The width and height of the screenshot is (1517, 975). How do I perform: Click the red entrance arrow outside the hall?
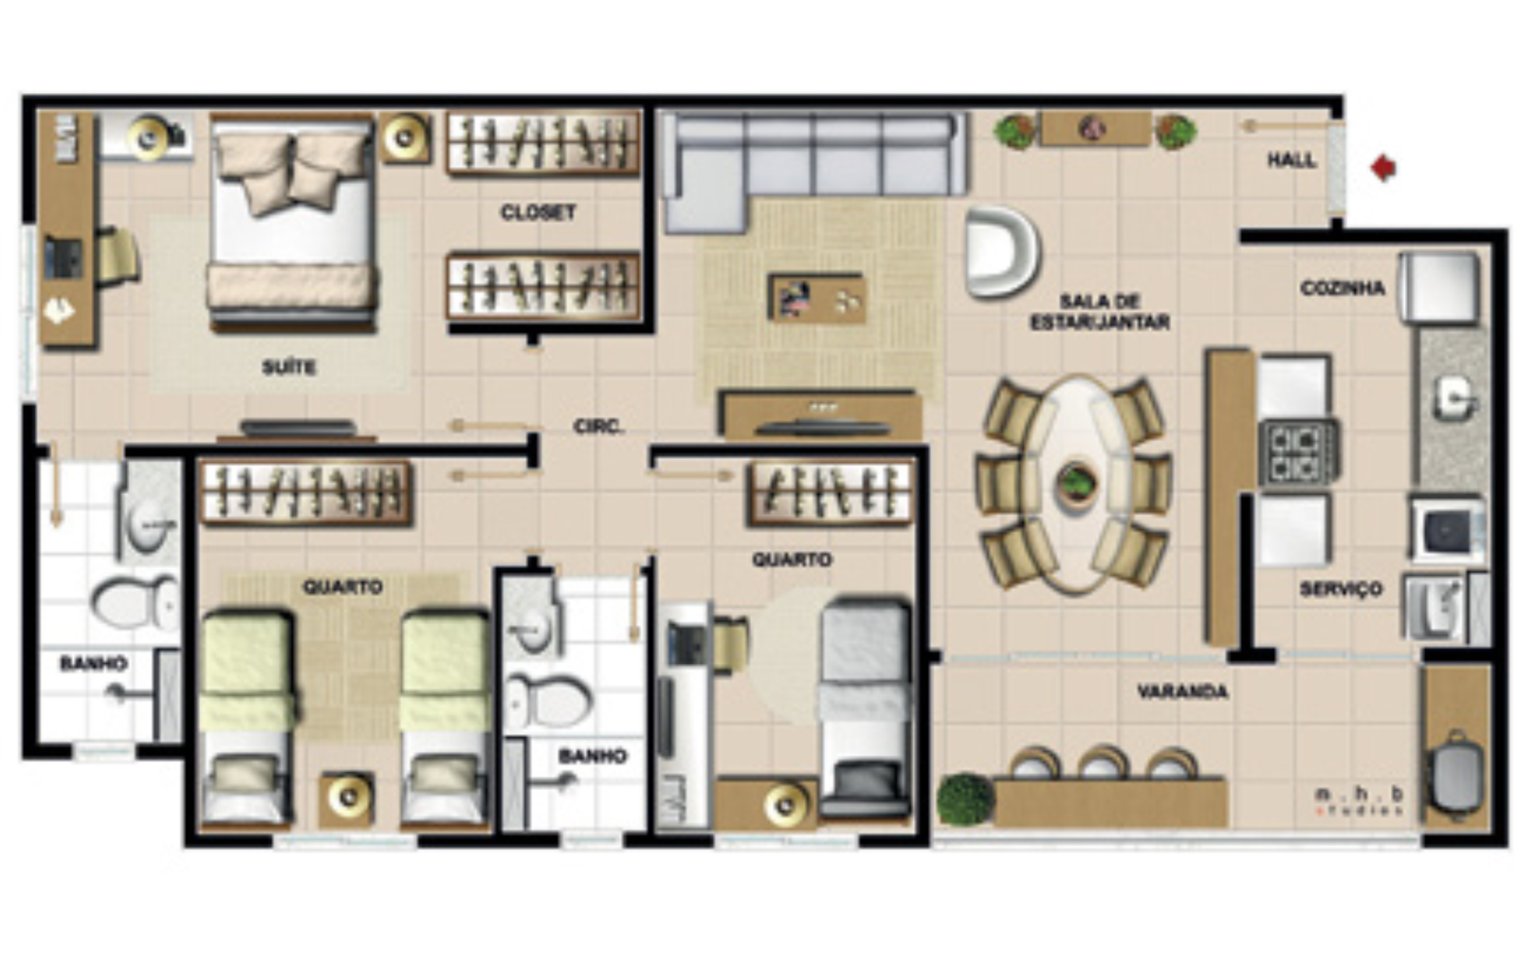(x=1383, y=168)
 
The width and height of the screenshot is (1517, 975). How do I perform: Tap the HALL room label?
(x=1291, y=160)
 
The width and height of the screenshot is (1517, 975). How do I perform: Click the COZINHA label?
(x=1343, y=288)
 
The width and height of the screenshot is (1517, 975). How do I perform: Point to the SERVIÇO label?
(x=1341, y=589)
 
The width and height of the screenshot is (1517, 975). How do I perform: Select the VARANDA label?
(x=1182, y=691)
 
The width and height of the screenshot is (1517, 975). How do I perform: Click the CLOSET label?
(x=539, y=212)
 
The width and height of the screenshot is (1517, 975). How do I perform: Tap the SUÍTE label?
(x=289, y=367)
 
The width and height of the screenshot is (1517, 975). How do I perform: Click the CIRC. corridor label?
(x=598, y=427)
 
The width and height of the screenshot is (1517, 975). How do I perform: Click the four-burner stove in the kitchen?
(x=1299, y=451)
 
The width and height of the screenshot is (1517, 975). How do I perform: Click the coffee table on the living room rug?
(x=817, y=298)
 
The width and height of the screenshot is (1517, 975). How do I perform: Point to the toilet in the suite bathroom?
(x=134, y=602)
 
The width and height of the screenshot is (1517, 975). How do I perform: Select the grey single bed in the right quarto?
(x=865, y=708)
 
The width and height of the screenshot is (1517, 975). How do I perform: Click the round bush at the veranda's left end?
(x=965, y=800)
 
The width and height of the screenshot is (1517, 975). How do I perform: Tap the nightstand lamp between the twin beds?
(x=347, y=798)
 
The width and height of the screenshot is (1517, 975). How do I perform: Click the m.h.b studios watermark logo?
(x=1358, y=801)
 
